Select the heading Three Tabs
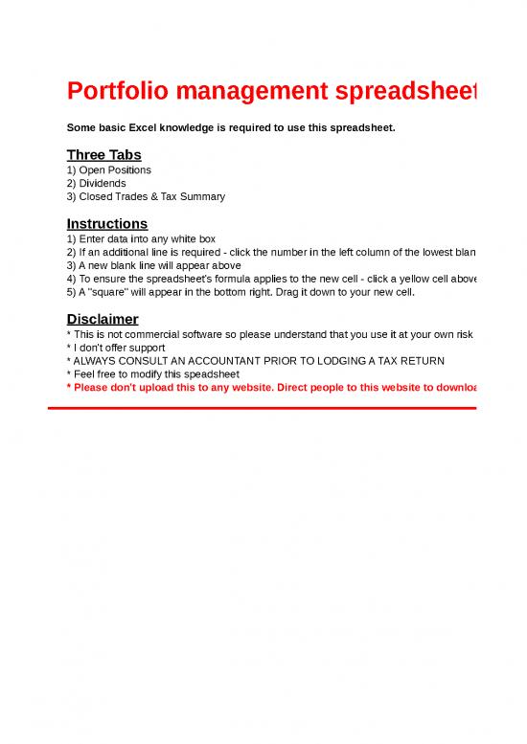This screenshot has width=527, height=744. (x=103, y=155)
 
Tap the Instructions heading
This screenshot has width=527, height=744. (x=107, y=223)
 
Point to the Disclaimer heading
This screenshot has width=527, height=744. (x=103, y=319)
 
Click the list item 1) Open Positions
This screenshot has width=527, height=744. (x=109, y=170)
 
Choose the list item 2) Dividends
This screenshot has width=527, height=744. (x=96, y=183)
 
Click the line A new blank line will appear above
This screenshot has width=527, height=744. (x=153, y=265)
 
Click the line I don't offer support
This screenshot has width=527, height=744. (x=119, y=348)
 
